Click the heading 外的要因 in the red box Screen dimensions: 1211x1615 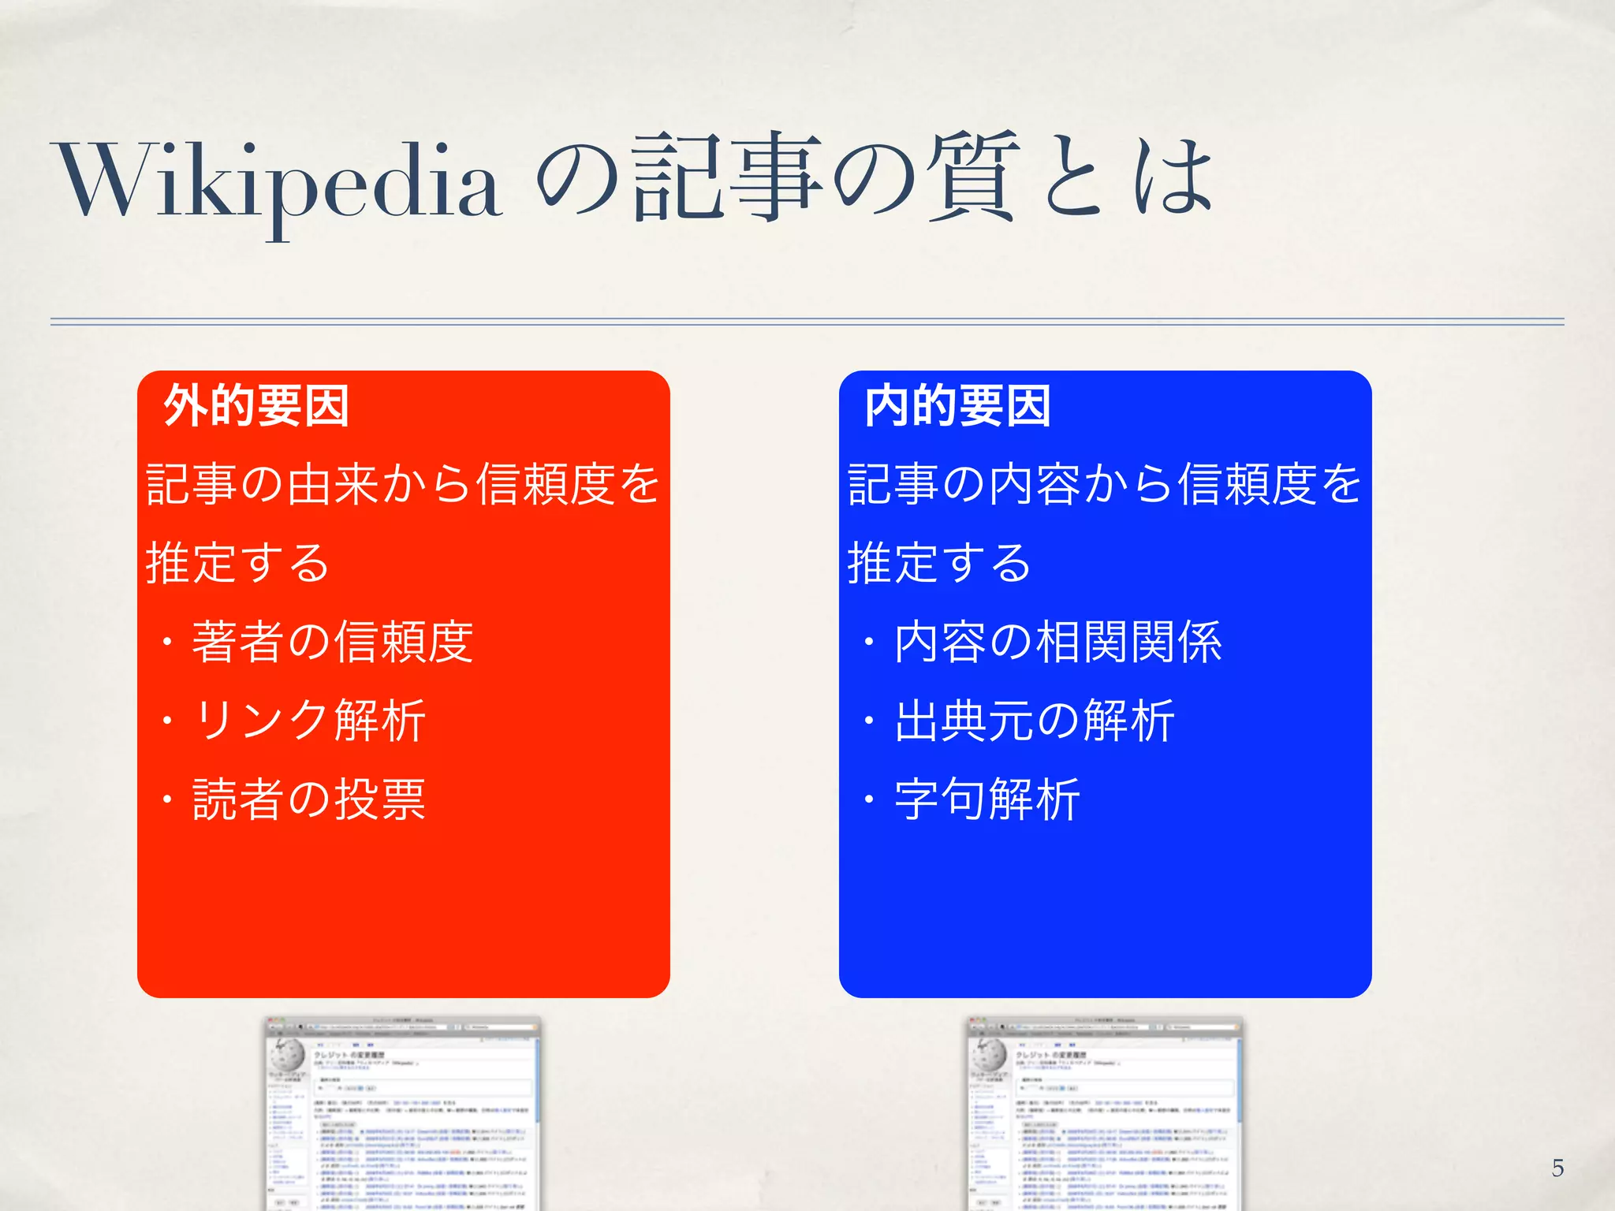coord(256,406)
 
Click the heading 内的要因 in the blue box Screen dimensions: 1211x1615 coord(957,406)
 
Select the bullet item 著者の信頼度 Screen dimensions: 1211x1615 coord(332,642)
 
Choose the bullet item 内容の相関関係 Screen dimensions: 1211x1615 coord(1057,642)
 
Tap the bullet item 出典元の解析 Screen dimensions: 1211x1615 coord(1034,721)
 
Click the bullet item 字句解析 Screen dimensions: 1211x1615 coord(987,799)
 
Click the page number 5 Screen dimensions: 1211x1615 coord(1557,1168)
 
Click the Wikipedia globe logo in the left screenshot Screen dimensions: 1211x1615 coord(287,1053)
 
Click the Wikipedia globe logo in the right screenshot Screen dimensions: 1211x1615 coord(989,1053)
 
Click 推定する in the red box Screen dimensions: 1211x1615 coord(237,563)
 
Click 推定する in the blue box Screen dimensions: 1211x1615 coord(939,563)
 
